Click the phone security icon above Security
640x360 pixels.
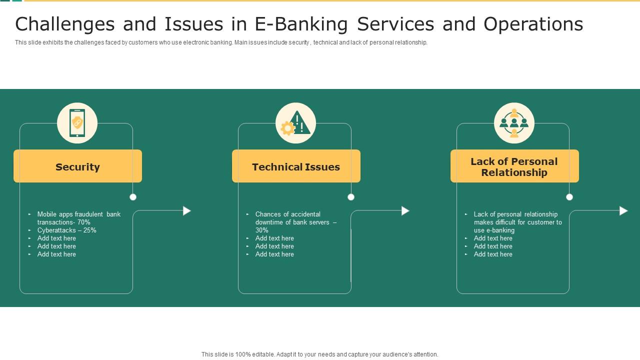tap(77, 123)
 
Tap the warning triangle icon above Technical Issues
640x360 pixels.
tap(296, 123)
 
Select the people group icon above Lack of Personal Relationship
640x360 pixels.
tap(514, 123)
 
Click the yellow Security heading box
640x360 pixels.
tap(77, 166)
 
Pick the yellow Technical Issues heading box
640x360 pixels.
tap(296, 166)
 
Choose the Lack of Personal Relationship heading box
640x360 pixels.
tap(514, 166)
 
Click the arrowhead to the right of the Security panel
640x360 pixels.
tap(187, 211)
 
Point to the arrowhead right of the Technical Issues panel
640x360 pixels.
tap(405, 211)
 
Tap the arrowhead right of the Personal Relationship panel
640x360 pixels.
tap(623, 211)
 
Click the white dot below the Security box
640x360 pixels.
tap(133, 197)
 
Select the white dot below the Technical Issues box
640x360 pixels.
tap(351, 197)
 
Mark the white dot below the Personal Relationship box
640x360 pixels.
tap(569, 197)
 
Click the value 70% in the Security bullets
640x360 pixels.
tap(83, 222)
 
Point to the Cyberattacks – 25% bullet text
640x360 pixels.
tap(67, 230)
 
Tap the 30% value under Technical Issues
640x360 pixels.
tap(262, 230)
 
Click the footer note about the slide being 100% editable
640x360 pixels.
tap(320, 354)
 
